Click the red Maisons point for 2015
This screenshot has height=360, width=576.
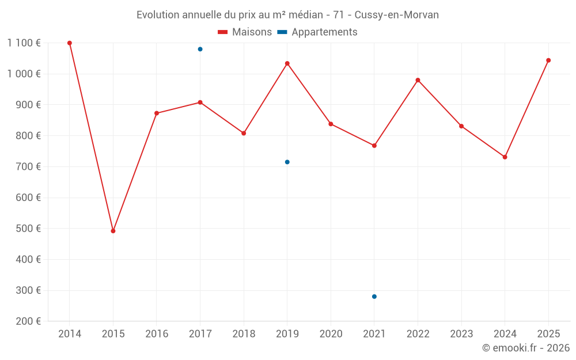click(x=113, y=231)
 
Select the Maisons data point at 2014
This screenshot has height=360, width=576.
click(x=70, y=43)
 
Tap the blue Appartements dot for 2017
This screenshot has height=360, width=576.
click(x=200, y=49)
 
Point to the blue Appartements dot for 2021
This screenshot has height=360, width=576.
click(x=374, y=297)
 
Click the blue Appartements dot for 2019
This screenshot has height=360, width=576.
click(x=287, y=162)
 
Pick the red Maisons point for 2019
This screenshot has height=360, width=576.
click(x=287, y=63)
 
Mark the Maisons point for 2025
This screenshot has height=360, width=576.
click(x=548, y=60)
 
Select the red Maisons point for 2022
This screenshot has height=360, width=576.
click(x=418, y=80)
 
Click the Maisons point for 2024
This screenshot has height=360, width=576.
click(x=505, y=157)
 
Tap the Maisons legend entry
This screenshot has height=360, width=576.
click(x=245, y=32)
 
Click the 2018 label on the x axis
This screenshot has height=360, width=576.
click(x=244, y=334)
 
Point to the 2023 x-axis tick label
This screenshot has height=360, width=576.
click(x=461, y=334)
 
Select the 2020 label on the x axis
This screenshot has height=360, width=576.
click(x=331, y=334)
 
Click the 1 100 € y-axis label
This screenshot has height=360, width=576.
click(x=24, y=43)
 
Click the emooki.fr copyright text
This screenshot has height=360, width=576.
click(x=526, y=348)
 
